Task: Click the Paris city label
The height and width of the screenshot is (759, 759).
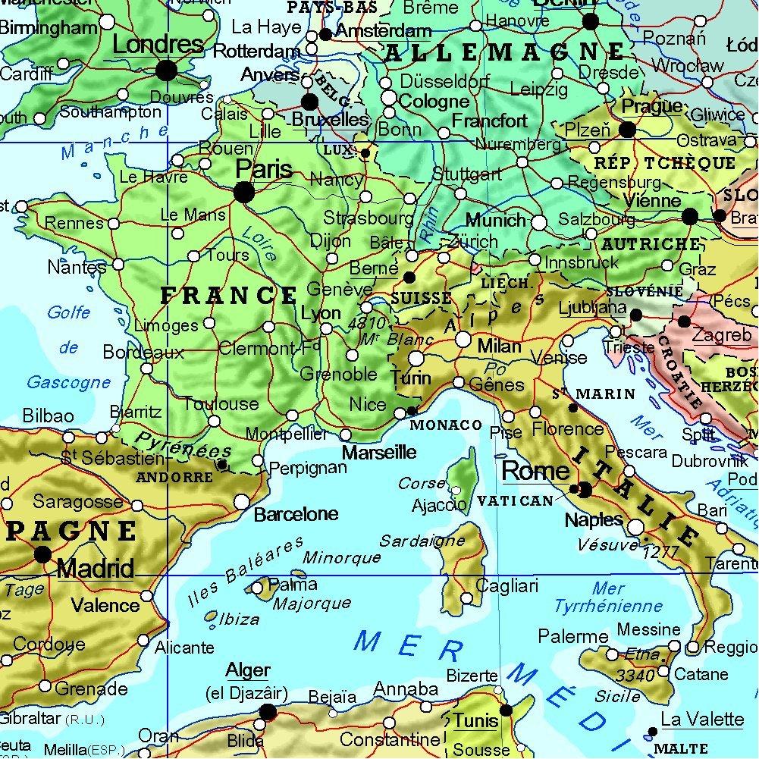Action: [264, 169]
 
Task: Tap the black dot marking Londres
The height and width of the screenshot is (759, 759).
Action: [167, 71]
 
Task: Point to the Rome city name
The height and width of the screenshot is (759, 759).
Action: [535, 470]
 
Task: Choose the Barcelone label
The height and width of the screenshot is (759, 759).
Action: [296, 514]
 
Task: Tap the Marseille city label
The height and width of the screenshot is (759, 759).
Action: [380, 453]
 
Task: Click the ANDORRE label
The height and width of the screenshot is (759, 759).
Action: [174, 478]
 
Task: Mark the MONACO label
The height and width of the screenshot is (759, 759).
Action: [446, 425]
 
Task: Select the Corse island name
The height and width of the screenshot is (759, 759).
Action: [422, 483]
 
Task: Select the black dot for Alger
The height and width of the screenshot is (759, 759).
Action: [268, 711]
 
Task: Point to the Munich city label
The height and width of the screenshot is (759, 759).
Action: [495, 221]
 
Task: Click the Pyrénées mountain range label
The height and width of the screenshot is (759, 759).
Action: [183, 446]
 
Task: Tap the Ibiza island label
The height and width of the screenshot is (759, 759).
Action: [239, 619]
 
